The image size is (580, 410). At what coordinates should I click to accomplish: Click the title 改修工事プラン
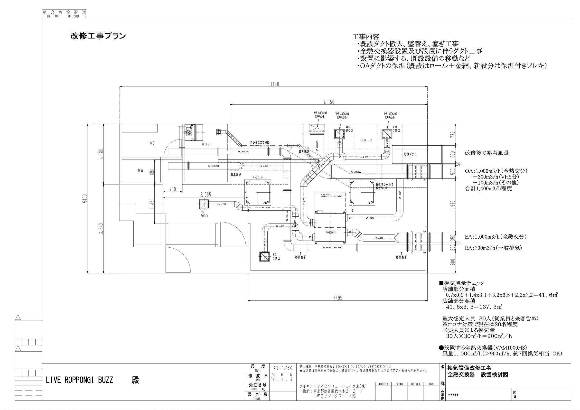(98, 36)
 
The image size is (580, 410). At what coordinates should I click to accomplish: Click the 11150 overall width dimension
(273, 84)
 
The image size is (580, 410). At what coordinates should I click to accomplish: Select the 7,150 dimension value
(329, 102)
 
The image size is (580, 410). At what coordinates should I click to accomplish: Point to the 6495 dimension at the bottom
(337, 298)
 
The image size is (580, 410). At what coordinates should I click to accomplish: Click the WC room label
(152, 143)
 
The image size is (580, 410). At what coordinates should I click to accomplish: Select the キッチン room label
(207, 144)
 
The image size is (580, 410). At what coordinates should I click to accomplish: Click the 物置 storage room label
(140, 171)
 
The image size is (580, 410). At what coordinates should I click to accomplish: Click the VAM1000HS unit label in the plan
(330, 232)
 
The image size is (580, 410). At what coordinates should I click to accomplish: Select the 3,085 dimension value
(205, 195)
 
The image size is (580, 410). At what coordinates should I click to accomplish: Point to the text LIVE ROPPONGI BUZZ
(79, 380)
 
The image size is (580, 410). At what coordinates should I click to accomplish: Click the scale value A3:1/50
(283, 368)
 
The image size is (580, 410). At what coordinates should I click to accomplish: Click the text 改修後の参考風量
(487, 153)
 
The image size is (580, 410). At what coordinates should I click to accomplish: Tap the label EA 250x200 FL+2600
(332, 248)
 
